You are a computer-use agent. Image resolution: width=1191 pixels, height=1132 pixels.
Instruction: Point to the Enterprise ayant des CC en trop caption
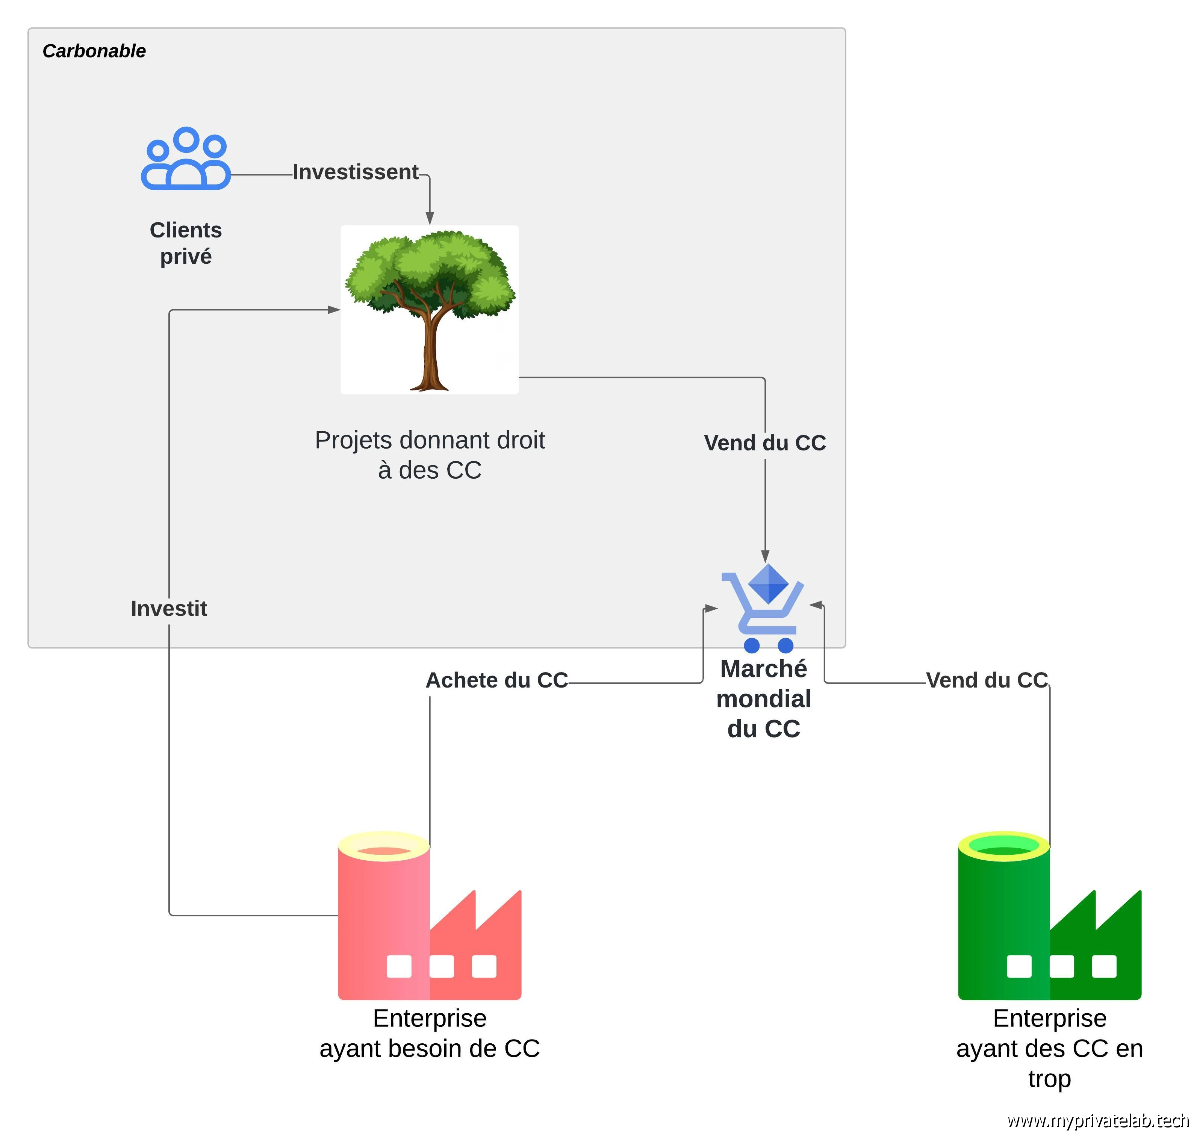tap(1049, 1048)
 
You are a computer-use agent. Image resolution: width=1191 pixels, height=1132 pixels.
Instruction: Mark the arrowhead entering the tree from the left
tap(334, 310)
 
